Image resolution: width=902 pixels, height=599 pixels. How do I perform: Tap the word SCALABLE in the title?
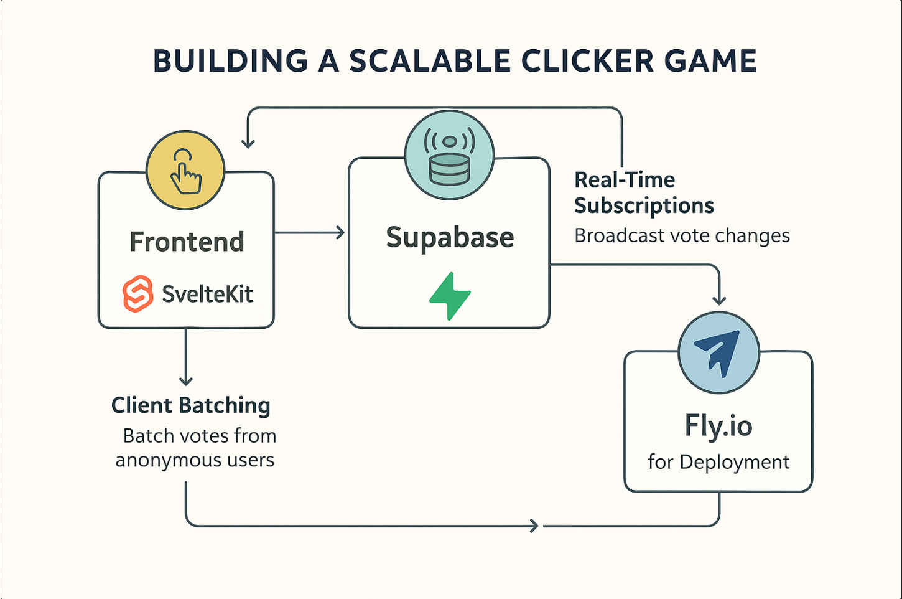430,62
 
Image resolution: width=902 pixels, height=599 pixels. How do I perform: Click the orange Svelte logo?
137,293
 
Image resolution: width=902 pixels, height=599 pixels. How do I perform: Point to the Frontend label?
187,242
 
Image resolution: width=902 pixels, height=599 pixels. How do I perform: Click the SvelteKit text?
207,294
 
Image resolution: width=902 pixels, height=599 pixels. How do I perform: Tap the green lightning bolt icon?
450,296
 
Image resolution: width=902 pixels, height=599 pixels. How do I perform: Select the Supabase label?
450,238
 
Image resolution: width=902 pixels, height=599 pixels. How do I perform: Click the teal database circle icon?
449,156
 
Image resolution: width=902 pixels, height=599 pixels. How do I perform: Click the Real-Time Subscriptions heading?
643,192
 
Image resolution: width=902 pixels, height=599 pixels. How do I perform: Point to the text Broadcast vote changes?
682,236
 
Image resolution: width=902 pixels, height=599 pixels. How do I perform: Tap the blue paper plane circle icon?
718,352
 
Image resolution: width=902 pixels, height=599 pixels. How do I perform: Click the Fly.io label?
718,427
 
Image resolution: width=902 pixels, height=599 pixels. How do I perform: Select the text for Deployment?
718,462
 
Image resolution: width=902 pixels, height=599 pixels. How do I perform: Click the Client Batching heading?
191,405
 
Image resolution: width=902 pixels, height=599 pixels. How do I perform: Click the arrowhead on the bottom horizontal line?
534,526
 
